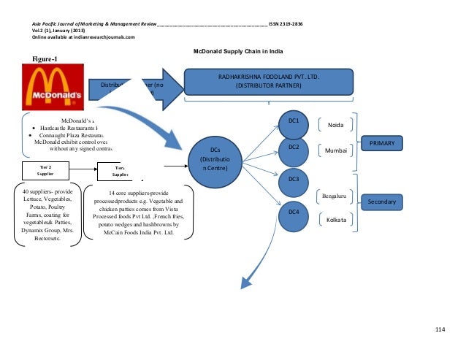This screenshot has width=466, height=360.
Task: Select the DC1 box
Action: click(294, 119)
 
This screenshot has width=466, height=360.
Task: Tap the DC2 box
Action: click(294, 148)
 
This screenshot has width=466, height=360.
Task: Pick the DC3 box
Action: click(294, 179)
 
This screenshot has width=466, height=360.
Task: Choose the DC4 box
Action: click(294, 212)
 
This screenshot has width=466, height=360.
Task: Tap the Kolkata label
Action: click(337, 218)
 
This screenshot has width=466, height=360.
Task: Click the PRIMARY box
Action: click(381, 145)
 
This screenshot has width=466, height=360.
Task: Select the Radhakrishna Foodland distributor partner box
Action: click(268, 80)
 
